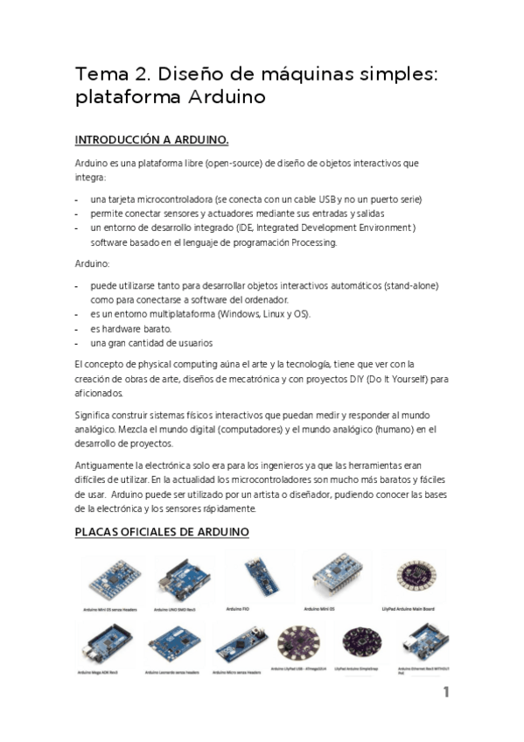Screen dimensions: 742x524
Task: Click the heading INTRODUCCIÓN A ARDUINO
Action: point(151,139)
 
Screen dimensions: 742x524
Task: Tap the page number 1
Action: point(445,692)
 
